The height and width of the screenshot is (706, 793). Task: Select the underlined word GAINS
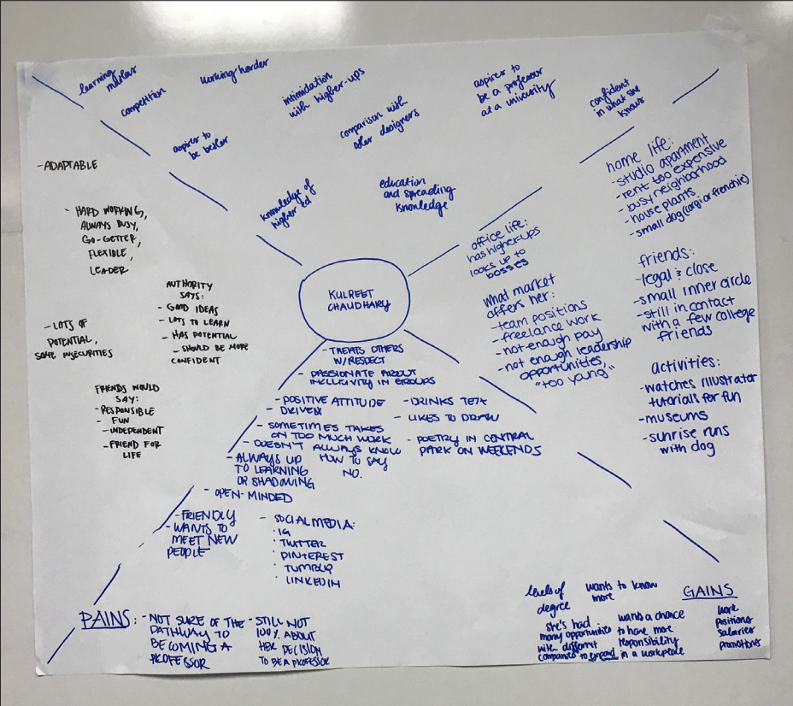click(x=709, y=592)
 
